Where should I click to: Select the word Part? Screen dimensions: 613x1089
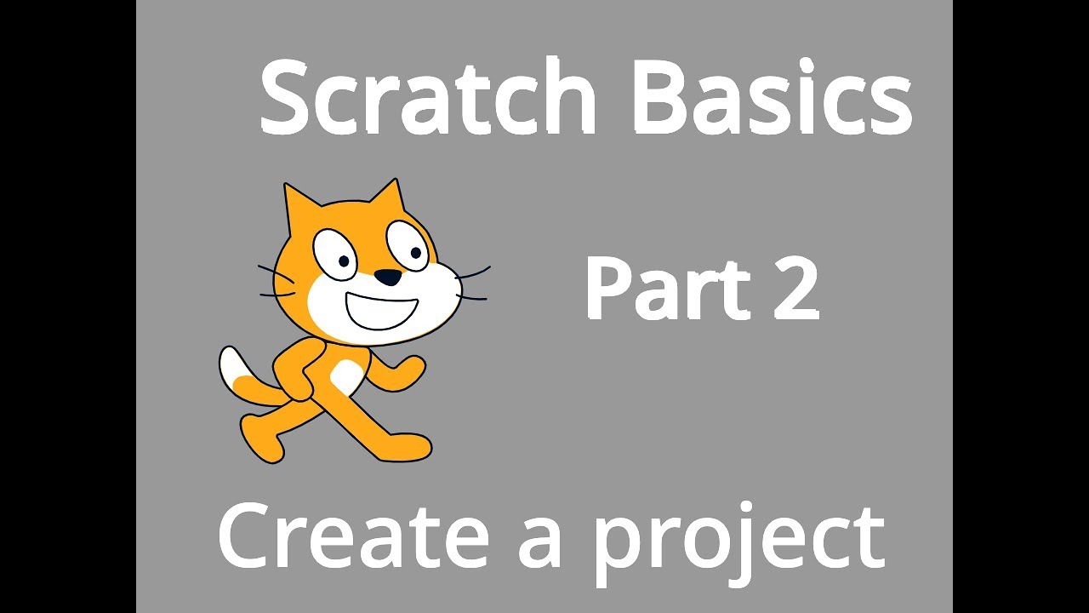coord(664,289)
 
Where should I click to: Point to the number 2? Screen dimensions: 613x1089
coord(794,289)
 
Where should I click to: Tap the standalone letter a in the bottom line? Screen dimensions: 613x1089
coord(541,541)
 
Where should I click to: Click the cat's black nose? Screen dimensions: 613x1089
coord(389,277)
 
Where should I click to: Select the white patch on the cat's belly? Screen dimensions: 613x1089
coord(345,375)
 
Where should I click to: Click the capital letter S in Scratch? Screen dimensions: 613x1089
coord(286,98)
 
